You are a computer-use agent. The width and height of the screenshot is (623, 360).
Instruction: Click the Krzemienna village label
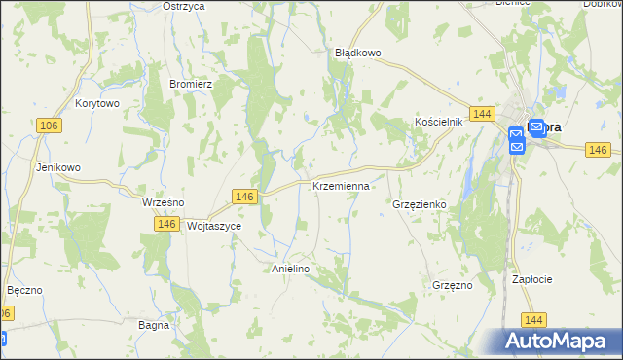coord(341,185)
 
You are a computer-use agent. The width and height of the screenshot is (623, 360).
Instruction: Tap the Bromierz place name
coord(191,84)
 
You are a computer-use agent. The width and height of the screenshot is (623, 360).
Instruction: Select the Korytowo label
coord(96,102)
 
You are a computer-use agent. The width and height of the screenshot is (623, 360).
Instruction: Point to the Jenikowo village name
coord(57,167)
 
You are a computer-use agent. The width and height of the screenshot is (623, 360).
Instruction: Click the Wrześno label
coord(163,202)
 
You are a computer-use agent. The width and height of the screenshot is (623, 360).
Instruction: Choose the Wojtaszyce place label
coord(213,225)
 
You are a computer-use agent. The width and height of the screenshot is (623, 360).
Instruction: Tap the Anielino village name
coord(290,269)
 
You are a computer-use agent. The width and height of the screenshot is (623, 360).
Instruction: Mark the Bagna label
coord(154,325)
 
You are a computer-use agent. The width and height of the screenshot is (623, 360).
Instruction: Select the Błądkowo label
coord(356,53)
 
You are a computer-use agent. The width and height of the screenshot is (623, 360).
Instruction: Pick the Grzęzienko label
coord(419,205)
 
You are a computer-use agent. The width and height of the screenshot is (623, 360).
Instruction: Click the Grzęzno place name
coord(452,286)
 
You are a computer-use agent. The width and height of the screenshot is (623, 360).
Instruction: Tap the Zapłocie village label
coord(532,279)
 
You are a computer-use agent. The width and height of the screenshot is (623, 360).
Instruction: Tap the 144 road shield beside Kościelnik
coord(479,115)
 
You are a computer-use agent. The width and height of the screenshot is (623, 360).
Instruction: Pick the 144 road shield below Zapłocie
coord(532,319)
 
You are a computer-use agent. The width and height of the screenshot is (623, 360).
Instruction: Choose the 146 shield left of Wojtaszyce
coord(165,224)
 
